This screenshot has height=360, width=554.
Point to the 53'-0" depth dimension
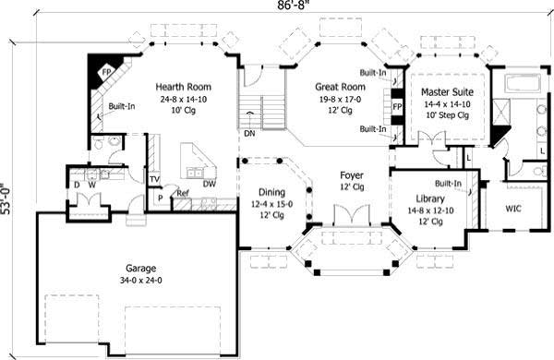click(7, 197)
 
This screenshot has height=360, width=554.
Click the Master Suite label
click(448, 92)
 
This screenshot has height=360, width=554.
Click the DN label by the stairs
click(248, 131)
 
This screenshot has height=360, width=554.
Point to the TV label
click(154, 178)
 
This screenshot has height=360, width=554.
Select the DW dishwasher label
click(210, 184)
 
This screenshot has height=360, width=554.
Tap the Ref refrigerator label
click(182, 194)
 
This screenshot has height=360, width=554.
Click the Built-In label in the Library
click(447, 184)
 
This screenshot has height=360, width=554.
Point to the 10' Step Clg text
click(448, 116)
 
